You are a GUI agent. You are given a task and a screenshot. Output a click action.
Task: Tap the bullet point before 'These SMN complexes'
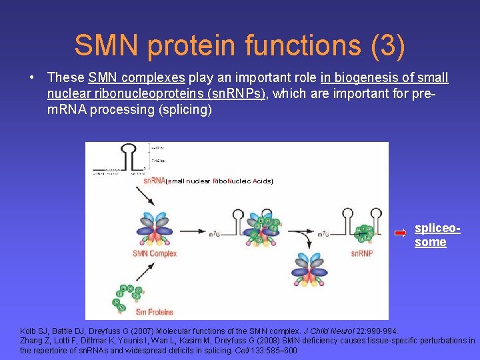[x=31, y=78]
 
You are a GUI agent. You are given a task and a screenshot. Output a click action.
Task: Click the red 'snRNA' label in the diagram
[x=154, y=180]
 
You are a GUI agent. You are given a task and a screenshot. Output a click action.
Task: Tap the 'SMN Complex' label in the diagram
[x=155, y=253]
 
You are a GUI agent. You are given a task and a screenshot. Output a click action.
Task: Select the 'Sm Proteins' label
[x=154, y=311]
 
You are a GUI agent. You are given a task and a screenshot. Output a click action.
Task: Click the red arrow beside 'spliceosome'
[x=400, y=233]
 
